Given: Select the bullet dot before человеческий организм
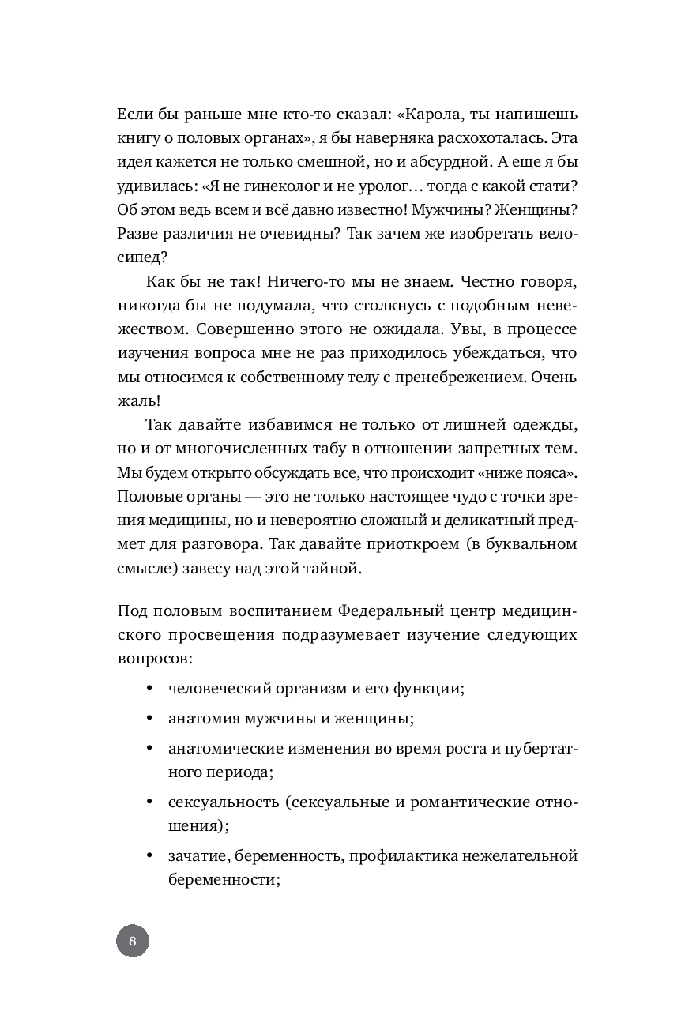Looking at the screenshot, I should click(149, 687).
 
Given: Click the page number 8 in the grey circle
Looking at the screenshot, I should click(133, 941).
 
